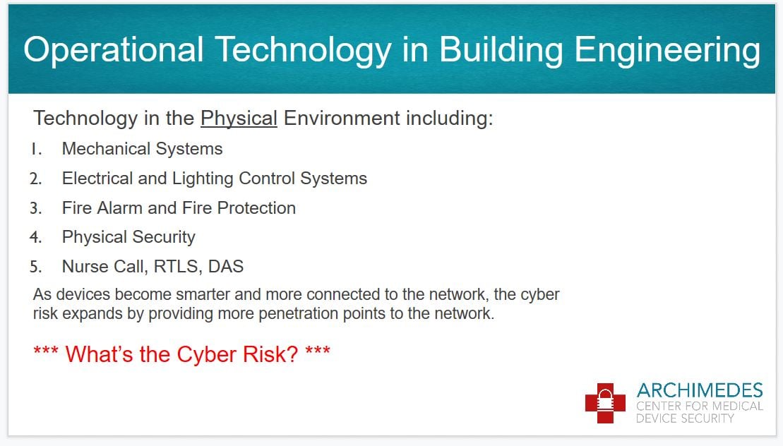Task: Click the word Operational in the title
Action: point(114,50)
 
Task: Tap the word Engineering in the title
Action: point(667,52)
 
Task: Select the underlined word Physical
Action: point(239,119)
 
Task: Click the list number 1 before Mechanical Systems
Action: point(36,149)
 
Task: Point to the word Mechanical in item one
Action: point(106,149)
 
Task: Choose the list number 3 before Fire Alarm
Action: point(35,208)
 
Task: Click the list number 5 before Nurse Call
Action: point(35,267)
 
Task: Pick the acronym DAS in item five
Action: point(226,267)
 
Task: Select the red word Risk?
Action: point(270,354)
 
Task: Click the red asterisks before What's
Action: point(45,351)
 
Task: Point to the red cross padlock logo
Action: point(605,403)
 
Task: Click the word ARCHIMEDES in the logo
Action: point(700,390)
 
